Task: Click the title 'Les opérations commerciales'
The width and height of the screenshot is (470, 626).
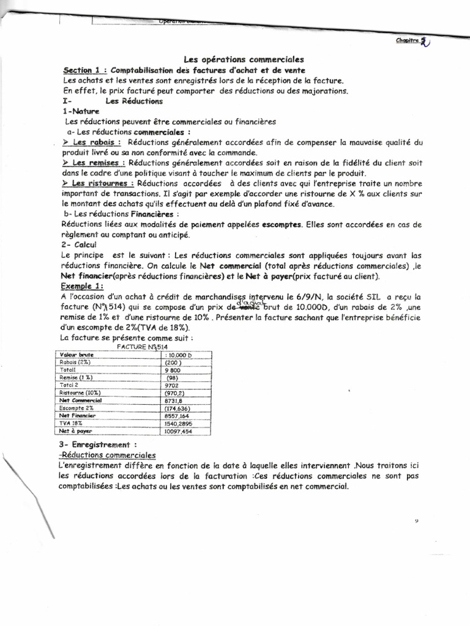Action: point(244,59)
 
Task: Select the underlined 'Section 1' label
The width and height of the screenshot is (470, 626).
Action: point(83,70)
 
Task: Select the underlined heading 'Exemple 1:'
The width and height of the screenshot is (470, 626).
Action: point(83,286)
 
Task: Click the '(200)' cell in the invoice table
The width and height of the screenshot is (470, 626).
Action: point(174,362)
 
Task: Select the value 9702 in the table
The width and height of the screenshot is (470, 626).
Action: point(173,385)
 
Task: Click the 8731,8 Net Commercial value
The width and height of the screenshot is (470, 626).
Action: point(174,400)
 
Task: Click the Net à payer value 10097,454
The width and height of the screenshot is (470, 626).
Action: point(179,431)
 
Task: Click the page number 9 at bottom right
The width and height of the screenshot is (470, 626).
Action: point(415,521)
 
